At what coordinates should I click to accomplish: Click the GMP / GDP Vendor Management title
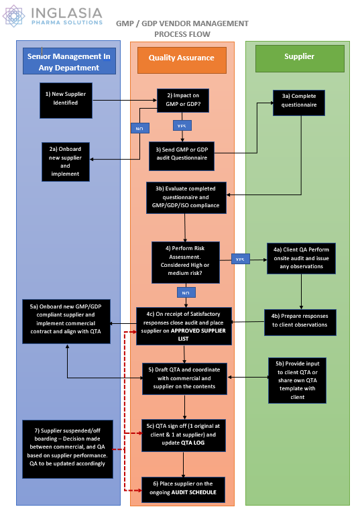[x=182, y=28]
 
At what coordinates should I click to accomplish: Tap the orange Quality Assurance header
[x=182, y=58]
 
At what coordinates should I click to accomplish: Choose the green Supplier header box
[x=299, y=58]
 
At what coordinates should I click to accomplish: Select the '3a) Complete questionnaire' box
[x=299, y=103]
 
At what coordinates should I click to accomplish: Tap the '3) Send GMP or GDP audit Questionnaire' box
[x=182, y=156]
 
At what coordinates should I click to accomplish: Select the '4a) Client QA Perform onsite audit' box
[x=299, y=258]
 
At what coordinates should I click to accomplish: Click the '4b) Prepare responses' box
[x=299, y=320]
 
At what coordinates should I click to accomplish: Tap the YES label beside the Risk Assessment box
[x=239, y=258]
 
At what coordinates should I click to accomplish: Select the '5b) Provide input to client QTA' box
[x=297, y=380]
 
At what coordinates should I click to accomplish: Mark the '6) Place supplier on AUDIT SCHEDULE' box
[x=182, y=488]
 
